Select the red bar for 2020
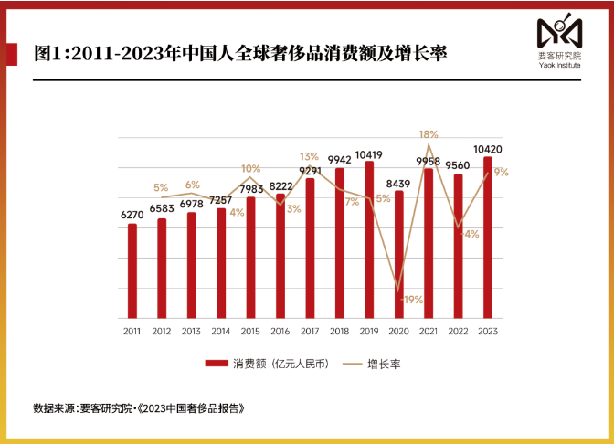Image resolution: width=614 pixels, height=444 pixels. click(399, 255)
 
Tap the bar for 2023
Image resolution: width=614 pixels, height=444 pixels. click(488, 238)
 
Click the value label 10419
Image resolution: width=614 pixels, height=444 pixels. click(369, 154)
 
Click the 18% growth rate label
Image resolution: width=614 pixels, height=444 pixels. click(429, 134)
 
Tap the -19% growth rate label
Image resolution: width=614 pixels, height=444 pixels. click(411, 300)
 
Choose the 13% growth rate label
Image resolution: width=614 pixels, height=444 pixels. click(309, 156)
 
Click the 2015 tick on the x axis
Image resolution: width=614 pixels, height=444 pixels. click(250, 331)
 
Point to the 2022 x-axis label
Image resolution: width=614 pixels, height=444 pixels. click(459, 331)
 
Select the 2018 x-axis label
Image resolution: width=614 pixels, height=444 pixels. click(340, 331)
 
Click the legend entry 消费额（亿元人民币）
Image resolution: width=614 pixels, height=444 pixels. click(266, 363)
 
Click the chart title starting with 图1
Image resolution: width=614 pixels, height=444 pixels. click(239, 52)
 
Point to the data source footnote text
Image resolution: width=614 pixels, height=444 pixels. click(140, 407)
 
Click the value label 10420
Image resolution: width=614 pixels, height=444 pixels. click(488, 149)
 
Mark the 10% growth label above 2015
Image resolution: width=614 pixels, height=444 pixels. click(251, 168)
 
